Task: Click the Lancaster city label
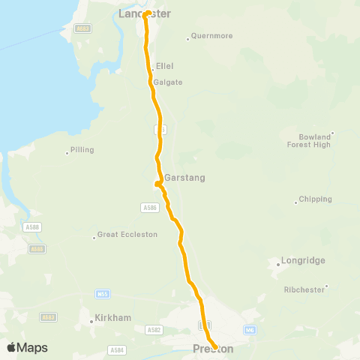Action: tap(145, 13)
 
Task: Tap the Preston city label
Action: tap(213, 349)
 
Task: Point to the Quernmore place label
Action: tap(211, 35)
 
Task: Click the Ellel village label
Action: tap(164, 66)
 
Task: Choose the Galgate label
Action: tap(168, 82)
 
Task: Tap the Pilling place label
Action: tap(82, 150)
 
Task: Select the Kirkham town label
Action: tap(113, 318)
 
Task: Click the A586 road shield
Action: tap(148, 206)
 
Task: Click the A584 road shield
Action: tap(117, 349)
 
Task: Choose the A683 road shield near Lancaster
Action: tap(82, 28)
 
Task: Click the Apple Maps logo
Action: tap(27, 347)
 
